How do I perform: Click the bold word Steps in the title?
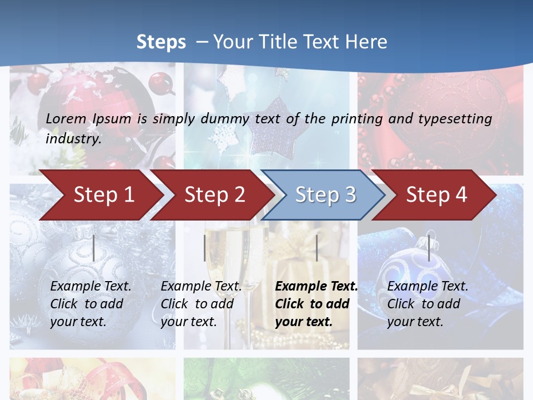(x=161, y=42)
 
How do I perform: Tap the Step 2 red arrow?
(x=214, y=194)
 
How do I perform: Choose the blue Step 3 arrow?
(x=325, y=194)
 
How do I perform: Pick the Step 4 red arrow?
(x=436, y=194)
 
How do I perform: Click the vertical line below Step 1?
(x=94, y=248)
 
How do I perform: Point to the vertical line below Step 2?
(x=205, y=248)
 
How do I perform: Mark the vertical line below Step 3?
(x=316, y=248)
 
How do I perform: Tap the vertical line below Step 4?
(x=429, y=248)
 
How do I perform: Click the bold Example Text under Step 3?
(x=316, y=287)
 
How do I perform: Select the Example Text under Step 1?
(x=90, y=287)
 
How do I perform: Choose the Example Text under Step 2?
(x=201, y=287)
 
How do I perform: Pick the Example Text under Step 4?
(x=428, y=287)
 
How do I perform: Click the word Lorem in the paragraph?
(x=66, y=118)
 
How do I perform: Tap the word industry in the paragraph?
(x=73, y=138)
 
